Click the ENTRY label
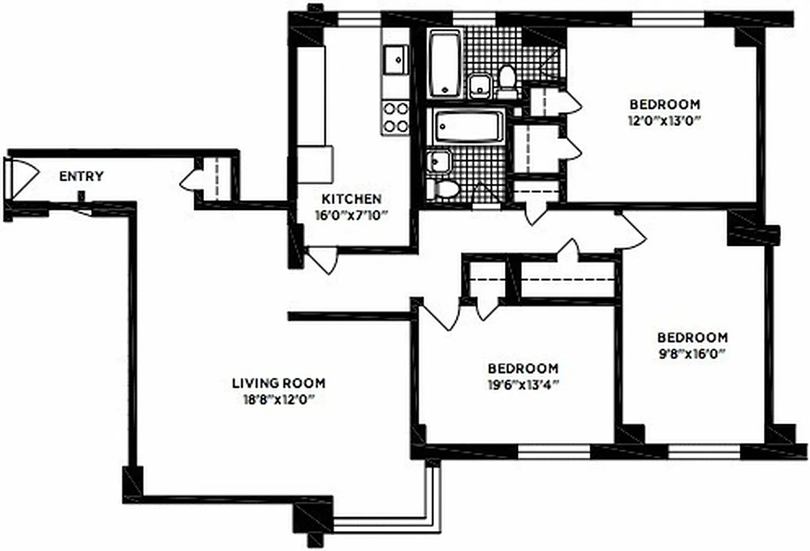pos(81,176)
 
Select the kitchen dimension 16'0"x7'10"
pos(352,214)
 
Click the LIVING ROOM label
pos(278,383)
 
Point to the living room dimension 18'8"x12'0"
pos(278,398)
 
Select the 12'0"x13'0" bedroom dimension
pos(665,119)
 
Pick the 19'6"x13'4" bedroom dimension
pos(523,384)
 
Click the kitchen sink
pos(395,59)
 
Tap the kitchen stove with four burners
pos(395,116)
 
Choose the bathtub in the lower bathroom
pos(466,128)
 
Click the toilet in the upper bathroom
pos(507,80)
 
